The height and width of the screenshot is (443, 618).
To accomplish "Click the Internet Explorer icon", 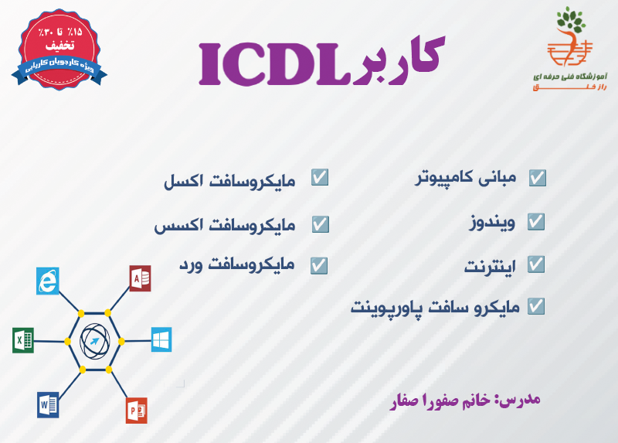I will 48,280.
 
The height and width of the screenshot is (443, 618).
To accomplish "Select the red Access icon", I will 140,278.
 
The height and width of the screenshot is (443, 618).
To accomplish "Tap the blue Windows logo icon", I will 161,339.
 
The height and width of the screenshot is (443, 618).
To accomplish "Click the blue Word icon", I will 48,404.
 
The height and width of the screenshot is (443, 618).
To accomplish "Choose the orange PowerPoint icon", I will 137,409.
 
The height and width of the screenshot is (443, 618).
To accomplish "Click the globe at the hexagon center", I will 94,340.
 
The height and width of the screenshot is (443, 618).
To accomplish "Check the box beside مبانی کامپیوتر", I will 537,178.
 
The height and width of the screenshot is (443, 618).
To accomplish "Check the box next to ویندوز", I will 537,222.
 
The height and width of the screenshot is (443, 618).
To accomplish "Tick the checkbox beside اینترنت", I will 537,264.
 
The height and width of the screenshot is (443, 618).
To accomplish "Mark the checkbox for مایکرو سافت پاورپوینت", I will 537,306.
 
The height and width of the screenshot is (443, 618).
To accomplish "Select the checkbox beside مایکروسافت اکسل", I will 320,178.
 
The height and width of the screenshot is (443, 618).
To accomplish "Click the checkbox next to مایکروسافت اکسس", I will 320,224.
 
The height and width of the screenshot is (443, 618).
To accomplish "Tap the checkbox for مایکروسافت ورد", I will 320,264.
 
